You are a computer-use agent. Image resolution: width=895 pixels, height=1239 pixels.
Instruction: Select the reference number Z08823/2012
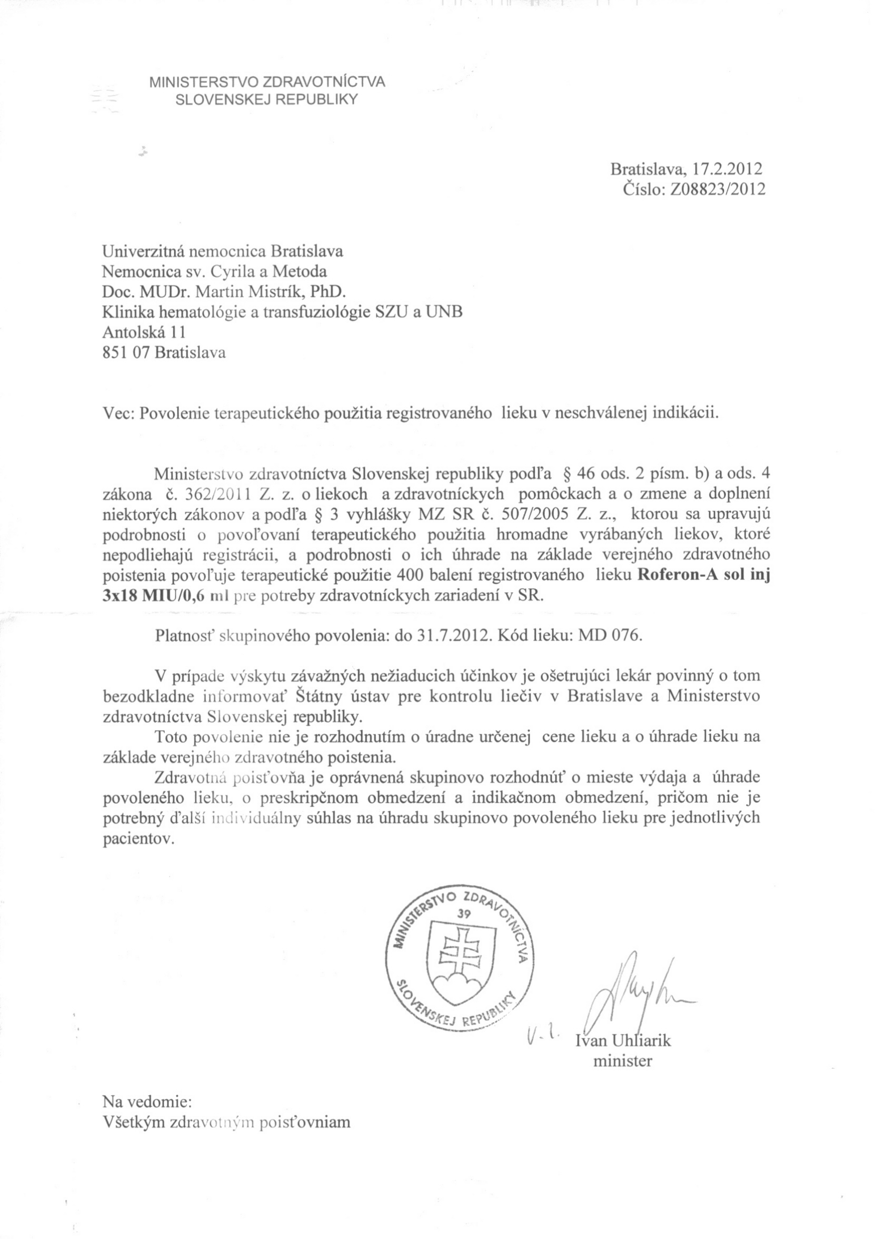(715, 189)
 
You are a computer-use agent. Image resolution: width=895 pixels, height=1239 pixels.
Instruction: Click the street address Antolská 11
(144, 332)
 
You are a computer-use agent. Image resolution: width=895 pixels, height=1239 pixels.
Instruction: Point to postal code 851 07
(127, 352)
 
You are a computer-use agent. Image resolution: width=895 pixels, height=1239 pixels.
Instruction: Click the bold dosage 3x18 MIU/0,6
(152, 596)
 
